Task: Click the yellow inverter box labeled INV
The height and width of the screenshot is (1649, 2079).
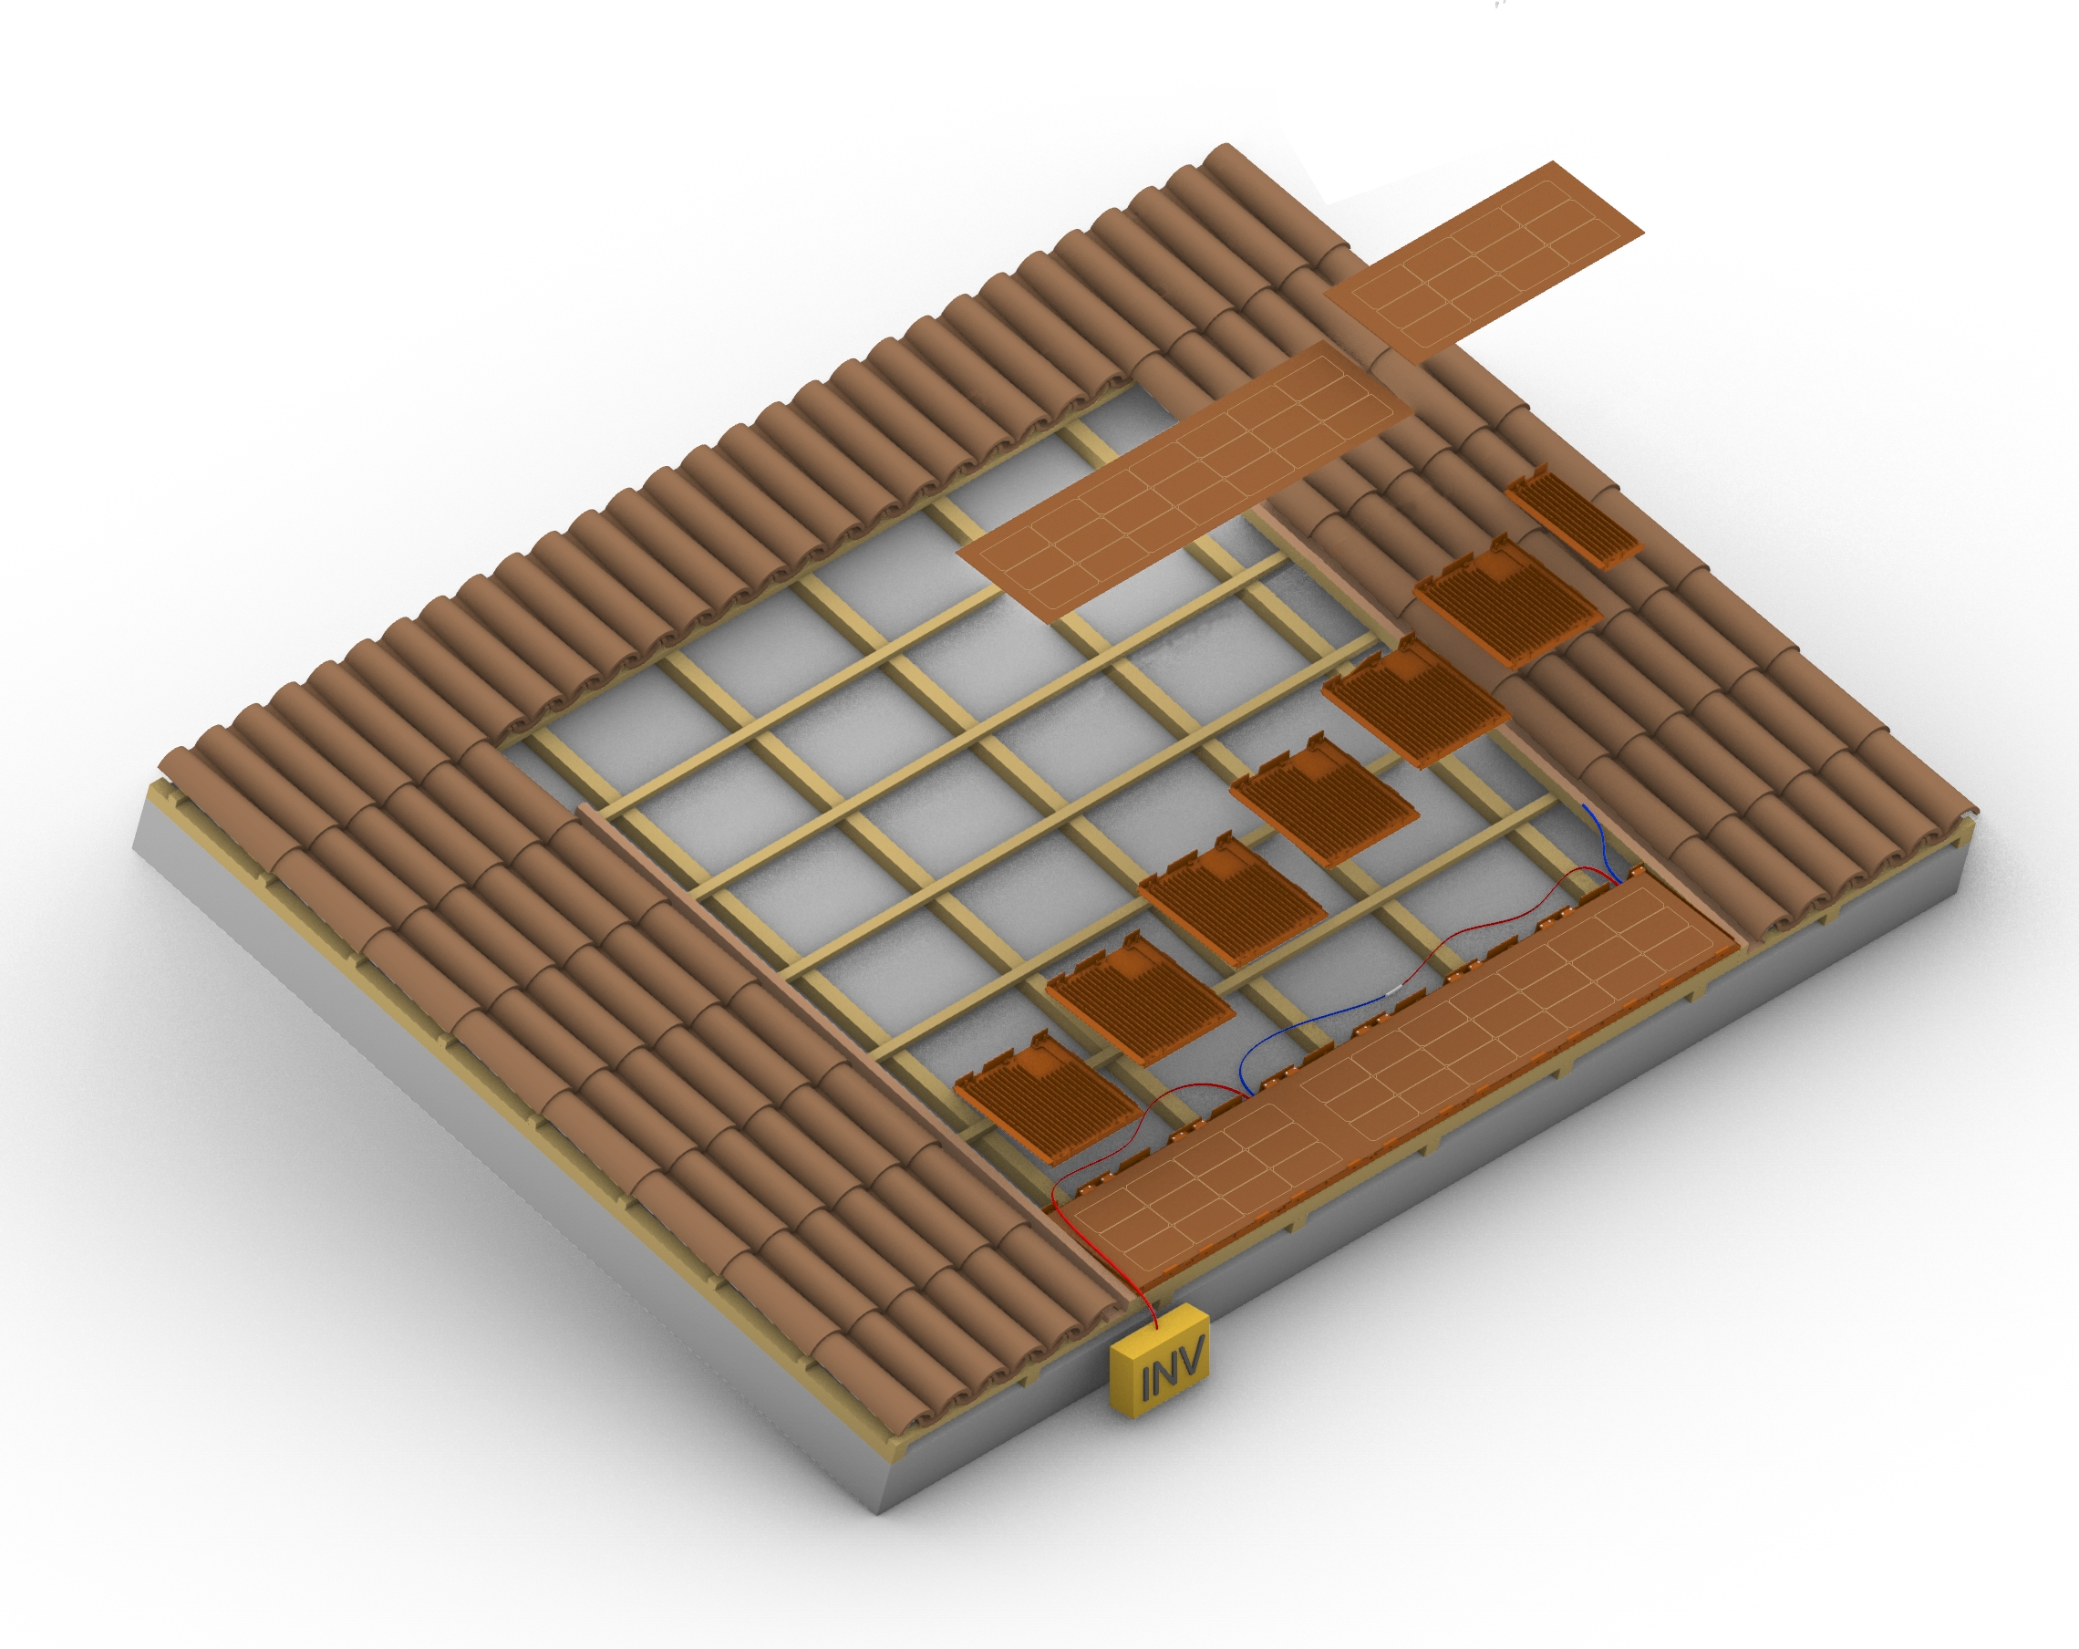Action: (1159, 1363)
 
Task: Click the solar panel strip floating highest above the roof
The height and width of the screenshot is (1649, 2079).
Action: (1484, 262)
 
